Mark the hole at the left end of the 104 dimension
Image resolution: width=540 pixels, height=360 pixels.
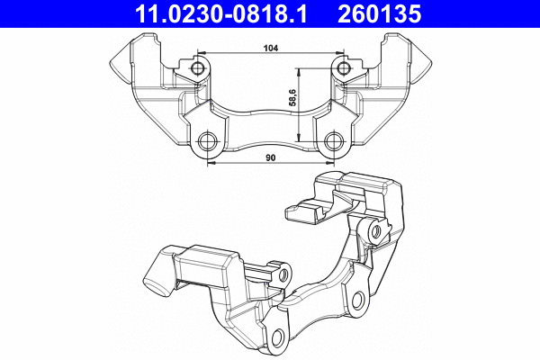point(198,69)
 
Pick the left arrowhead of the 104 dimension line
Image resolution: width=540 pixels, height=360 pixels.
point(201,58)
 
